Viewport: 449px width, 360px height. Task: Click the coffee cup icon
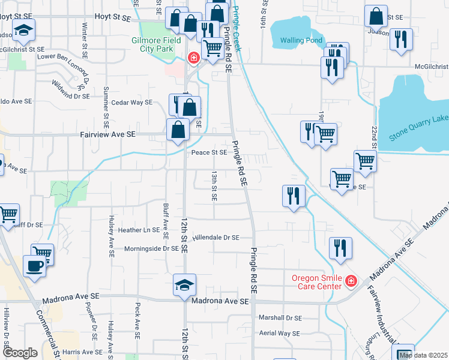33,265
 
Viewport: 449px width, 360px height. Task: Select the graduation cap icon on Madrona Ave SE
184,285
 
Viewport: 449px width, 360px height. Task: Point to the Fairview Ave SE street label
107,135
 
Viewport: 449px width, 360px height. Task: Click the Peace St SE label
208,152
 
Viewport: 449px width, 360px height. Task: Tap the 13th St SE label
214,185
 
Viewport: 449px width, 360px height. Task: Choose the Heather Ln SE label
139,230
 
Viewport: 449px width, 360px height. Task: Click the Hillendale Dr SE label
215,238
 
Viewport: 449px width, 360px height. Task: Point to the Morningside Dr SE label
151,248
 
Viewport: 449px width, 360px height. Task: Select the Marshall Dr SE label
280,318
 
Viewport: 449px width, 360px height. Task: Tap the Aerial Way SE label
279,333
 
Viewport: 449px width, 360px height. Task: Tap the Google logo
20,353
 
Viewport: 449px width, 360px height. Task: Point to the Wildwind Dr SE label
70,90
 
